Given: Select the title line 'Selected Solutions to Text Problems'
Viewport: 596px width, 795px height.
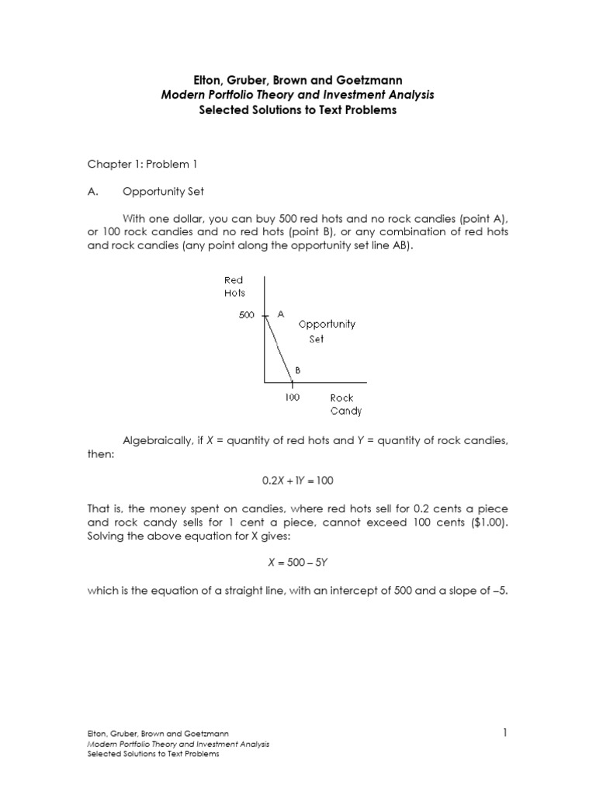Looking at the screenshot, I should coord(298,110).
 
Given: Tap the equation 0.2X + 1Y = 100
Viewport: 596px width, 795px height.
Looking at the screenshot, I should coord(297,481).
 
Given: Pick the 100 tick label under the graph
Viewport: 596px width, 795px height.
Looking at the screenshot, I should coord(292,397).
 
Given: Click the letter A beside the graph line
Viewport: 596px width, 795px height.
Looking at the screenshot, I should coord(281,314).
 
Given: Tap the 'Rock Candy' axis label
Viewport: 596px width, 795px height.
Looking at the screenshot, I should coord(345,404).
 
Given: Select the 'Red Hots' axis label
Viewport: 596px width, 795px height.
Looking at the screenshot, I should coord(234,286).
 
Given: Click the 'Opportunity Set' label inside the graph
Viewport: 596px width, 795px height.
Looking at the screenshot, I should coord(327,332).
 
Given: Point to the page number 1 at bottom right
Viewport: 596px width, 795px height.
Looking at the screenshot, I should coord(504,732).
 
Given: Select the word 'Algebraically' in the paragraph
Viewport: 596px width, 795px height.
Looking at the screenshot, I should coord(154,441).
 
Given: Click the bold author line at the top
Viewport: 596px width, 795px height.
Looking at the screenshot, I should coord(298,79).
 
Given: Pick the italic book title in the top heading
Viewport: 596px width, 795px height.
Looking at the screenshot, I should coord(298,95).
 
